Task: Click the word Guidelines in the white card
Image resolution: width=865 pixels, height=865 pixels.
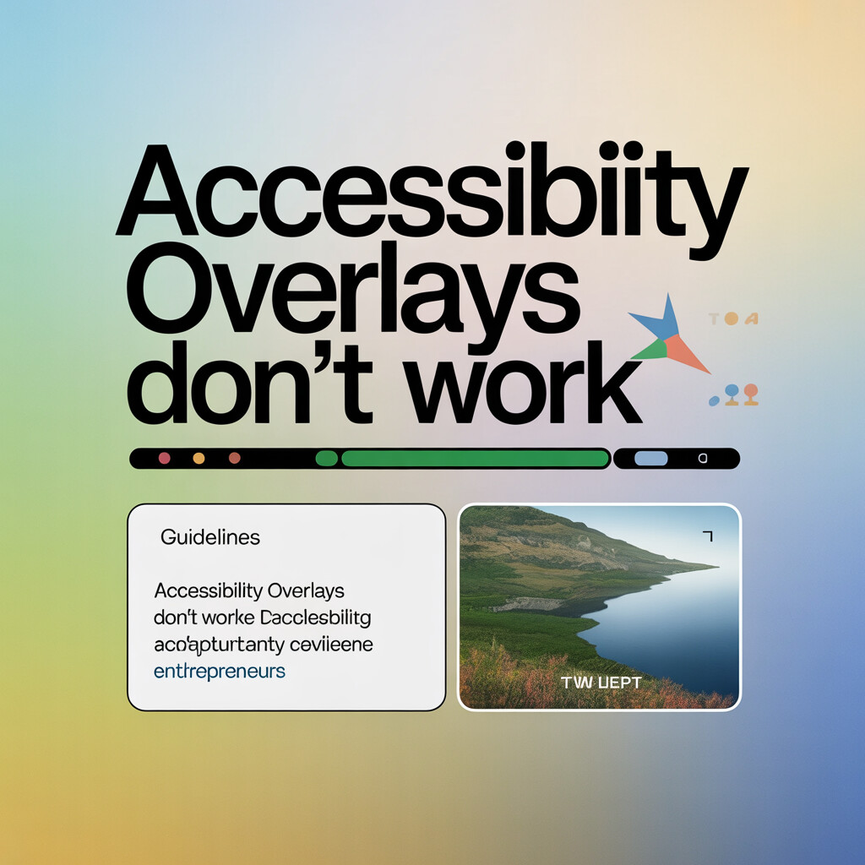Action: tap(209, 536)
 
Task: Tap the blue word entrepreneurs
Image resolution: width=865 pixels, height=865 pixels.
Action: tap(220, 672)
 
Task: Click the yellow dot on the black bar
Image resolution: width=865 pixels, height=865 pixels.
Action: tap(199, 459)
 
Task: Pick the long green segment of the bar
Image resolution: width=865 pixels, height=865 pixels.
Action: tap(474, 459)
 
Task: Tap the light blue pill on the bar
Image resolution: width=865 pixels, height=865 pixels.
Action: tap(650, 459)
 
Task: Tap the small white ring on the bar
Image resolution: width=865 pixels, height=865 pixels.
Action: tap(702, 459)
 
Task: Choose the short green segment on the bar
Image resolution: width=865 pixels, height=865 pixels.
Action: tap(326, 459)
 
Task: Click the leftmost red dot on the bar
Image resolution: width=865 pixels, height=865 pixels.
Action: tap(165, 459)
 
